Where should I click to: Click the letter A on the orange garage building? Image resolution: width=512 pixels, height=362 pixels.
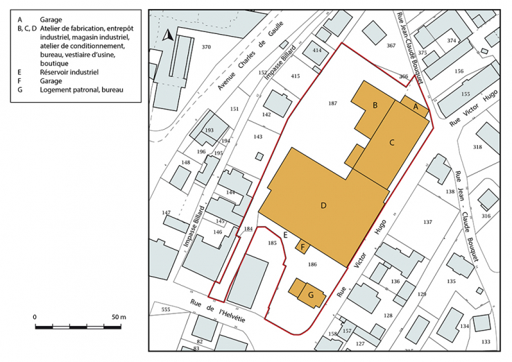pos(416,107)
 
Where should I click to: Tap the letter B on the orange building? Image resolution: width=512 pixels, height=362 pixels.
pos(375,105)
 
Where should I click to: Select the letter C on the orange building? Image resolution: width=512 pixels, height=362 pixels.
pos(391,142)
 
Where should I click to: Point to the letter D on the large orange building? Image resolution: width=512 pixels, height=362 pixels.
pos(323,205)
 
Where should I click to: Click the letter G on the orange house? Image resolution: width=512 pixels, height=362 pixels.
pos(311,295)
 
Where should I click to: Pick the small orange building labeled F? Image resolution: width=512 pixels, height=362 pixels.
pos(303,245)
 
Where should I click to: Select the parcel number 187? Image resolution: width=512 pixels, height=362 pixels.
pos(333,103)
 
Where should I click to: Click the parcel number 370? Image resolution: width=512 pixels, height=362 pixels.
pos(205,47)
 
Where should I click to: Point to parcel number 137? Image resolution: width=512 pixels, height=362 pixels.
pos(427,222)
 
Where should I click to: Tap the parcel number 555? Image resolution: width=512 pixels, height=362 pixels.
pos(165,309)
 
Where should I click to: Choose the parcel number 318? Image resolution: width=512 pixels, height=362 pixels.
pos(477,147)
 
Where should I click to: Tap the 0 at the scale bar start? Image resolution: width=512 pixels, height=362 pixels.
pos(35,317)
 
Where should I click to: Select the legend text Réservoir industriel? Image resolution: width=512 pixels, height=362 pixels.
pos(69,71)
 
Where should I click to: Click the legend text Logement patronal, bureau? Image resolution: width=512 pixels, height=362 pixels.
pos(84,90)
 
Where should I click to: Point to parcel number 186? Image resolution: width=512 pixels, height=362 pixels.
pos(312,264)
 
